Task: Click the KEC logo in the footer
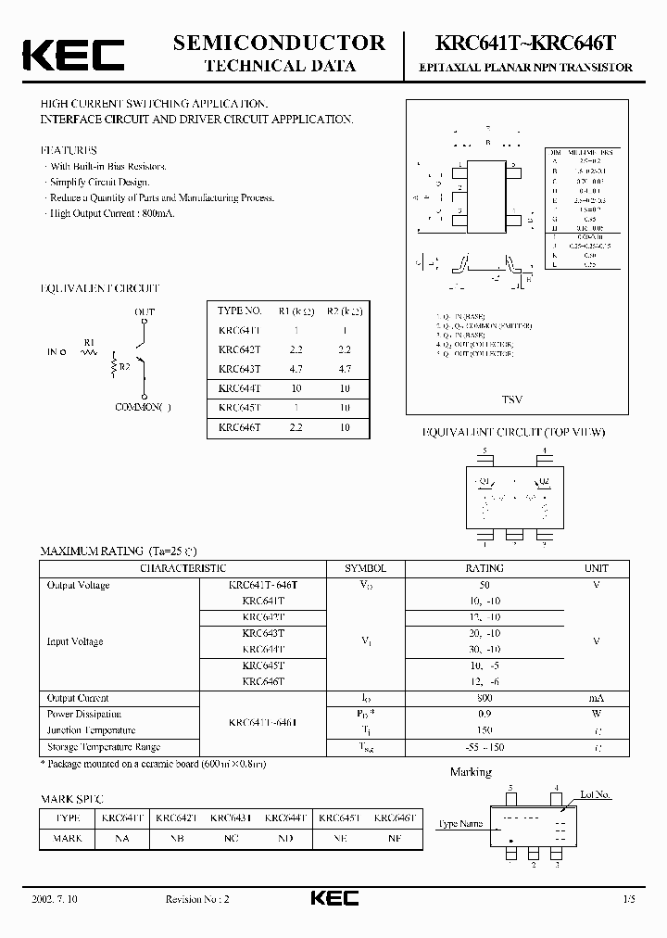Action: (x=333, y=898)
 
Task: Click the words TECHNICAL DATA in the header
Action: (x=279, y=66)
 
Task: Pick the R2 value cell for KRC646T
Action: (x=345, y=427)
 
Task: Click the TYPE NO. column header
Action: (x=239, y=311)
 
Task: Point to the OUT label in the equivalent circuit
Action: (x=145, y=311)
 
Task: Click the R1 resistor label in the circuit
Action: (x=89, y=342)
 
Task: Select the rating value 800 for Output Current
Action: (x=485, y=698)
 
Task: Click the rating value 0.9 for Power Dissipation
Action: (x=485, y=714)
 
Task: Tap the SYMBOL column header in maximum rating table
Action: (x=366, y=568)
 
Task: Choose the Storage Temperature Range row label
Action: (x=104, y=747)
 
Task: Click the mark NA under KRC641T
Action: (x=122, y=838)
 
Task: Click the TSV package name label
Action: (x=512, y=399)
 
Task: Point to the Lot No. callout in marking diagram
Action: (x=595, y=794)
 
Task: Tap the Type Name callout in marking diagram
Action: (x=460, y=823)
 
